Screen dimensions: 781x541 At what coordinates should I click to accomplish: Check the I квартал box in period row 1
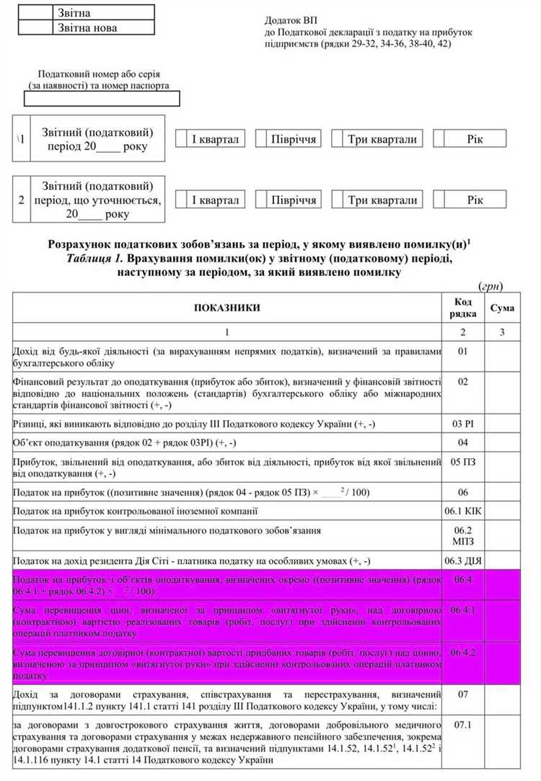[x=178, y=139]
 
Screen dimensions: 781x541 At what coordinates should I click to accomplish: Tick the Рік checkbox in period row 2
[x=439, y=200]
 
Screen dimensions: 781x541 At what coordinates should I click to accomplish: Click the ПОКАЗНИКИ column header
[x=226, y=308]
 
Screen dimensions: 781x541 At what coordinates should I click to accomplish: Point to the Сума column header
[x=502, y=308]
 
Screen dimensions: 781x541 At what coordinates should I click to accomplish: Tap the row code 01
[x=463, y=351]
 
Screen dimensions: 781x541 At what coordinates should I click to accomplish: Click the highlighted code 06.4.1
[x=463, y=610]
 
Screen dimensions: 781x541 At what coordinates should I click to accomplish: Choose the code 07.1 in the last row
[x=463, y=723]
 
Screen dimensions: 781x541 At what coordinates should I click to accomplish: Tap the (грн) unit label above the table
[x=491, y=286]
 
